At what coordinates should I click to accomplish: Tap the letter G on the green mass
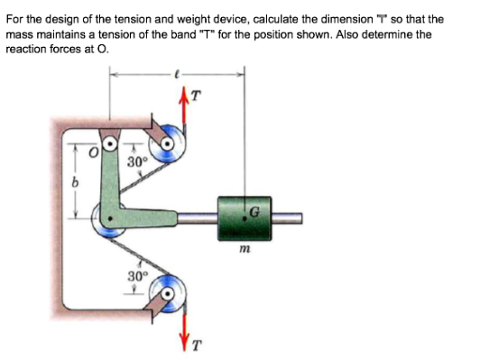tap(256, 210)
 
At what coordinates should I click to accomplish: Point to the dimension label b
tap(77, 182)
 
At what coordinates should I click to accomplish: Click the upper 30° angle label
tap(136, 162)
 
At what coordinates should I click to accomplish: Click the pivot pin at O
tap(110, 143)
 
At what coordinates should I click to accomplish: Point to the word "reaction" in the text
tap(23, 47)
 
